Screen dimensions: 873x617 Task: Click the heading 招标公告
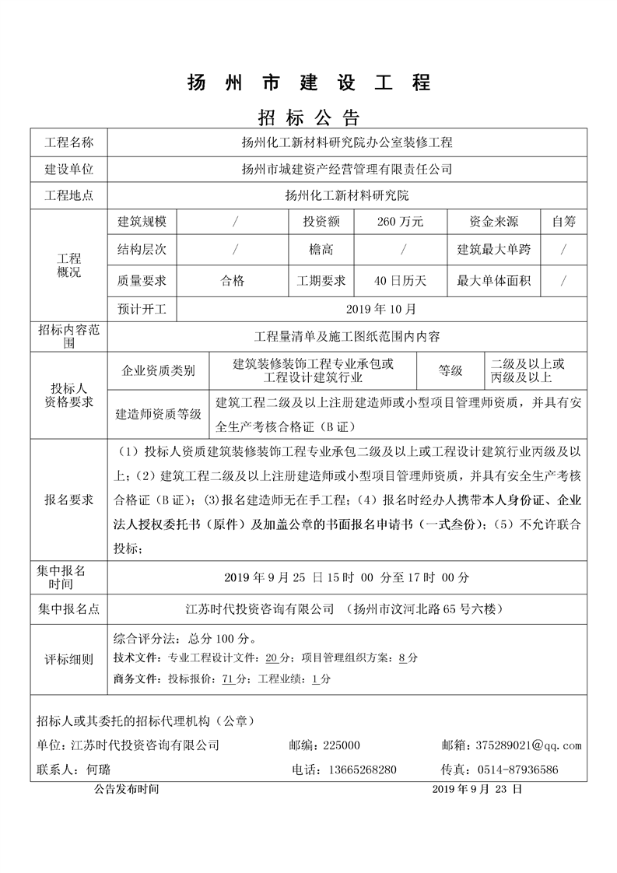[308, 117]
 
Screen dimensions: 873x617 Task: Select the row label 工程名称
[68, 142]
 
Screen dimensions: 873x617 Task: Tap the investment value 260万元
[400, 222]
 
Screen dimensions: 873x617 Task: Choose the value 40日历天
[400, 280]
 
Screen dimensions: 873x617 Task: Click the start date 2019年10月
[380, 309]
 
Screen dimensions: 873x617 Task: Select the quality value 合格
[233, 280]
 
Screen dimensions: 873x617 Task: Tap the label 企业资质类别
[159, 371]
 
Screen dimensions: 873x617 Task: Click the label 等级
[450, 371]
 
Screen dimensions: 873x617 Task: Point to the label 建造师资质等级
[158, 414]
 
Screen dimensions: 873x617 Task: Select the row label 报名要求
[68, 500]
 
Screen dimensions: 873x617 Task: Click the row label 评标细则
[68, 659]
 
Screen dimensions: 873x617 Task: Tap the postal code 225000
[341, 745]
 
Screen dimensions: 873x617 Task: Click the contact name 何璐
[99, 770]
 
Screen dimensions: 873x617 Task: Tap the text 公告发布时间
[127, 788]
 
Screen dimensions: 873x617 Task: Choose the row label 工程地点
[68, 195]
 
